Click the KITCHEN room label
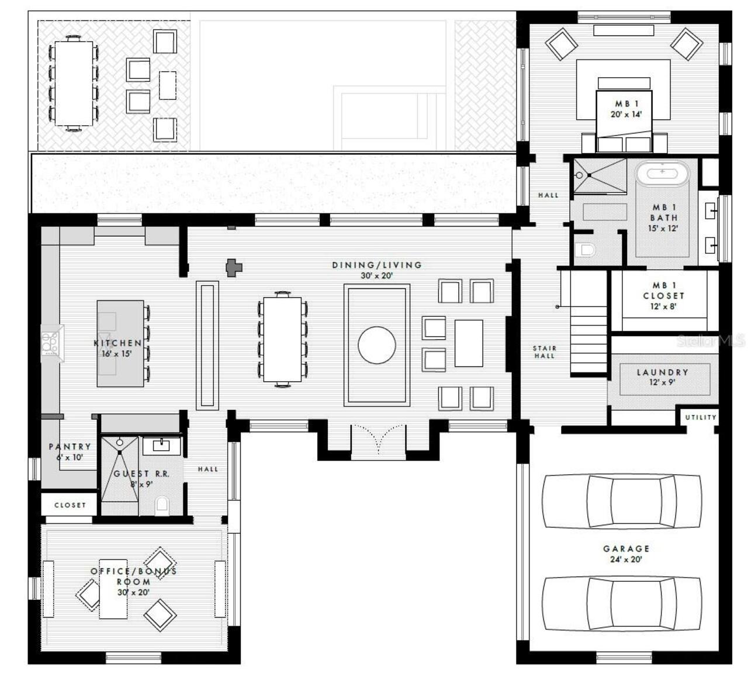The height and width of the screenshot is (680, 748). coord(117,343)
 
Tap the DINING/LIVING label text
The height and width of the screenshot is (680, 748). coord(377,265)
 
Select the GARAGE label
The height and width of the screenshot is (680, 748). coord(626,548)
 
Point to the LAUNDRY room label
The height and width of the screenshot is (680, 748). coord(662,372)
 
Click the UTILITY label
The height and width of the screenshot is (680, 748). coord(700,417)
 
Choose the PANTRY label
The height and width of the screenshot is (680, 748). coord(70,447)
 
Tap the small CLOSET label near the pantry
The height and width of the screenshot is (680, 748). coord(70,505)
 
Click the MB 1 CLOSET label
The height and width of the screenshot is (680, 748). coord(663,291)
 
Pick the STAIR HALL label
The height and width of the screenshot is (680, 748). coord(543,351)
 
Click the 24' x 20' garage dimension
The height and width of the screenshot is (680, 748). coord(626,560)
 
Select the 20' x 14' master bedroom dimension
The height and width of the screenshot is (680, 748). coord(626,115)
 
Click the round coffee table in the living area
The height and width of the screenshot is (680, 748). coord(376,344)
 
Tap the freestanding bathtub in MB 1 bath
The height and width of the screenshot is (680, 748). coord(662,174)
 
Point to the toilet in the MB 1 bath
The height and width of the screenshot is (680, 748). coord(585,250)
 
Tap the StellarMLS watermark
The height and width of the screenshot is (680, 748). coord(711,340)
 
